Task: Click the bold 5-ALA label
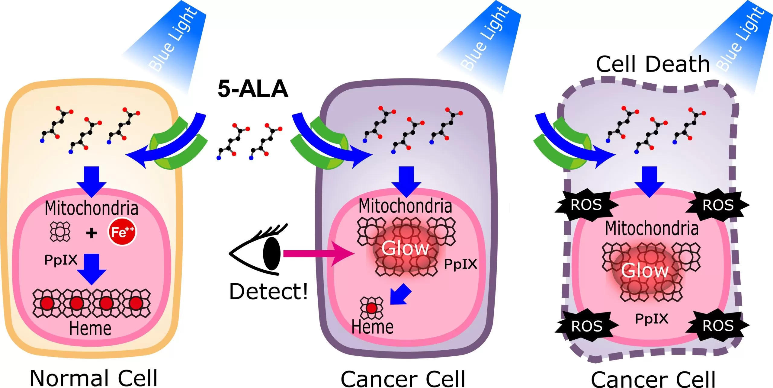(x=253, y=89)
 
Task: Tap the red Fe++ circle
(x=122, y=232)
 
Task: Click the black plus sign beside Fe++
(x=91, y=233)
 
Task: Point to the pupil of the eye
(x=271, y=253)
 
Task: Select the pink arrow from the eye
(x=317, y=254)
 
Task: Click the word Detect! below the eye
(x=268, y=292)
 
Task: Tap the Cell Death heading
(x=653, y=64)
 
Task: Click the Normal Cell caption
(x=94, y=378)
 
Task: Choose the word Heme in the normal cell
(x=90, y=329)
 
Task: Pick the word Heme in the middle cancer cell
(x=372, y=327)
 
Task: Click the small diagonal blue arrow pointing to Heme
(x=400, y=294)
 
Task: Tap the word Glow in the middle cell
(x=405, y=248)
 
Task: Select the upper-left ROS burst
(x=586, y=205)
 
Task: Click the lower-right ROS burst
(x=718, y=326)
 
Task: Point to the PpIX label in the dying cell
(x=652, y=319)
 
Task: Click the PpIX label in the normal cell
(x=61, y=260)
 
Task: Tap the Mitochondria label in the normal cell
(x=91, y=208)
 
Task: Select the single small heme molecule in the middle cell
(x=371, y=308)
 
